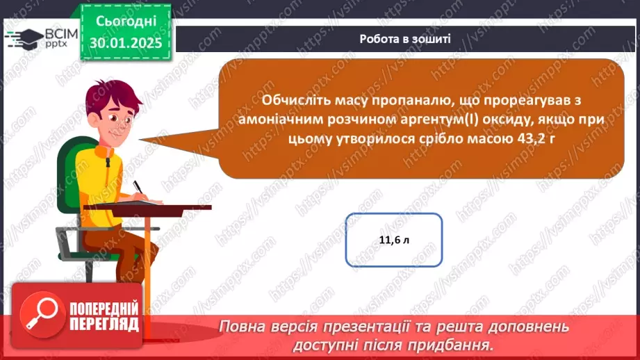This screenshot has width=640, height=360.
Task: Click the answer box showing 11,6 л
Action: (394, 240)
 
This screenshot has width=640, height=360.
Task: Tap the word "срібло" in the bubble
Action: (430, 140)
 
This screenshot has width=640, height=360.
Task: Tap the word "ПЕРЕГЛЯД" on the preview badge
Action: (105, 325)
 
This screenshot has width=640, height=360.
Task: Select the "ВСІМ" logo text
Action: (60, 32)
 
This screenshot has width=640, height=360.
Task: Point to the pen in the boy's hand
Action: (138, 187)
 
